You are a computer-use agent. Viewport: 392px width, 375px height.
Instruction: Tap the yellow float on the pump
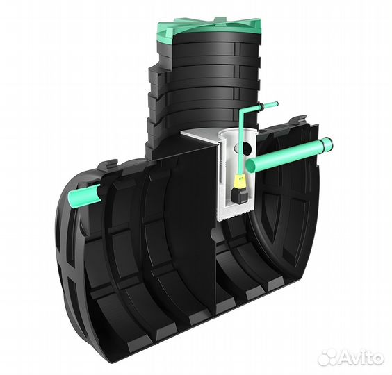[238, 182]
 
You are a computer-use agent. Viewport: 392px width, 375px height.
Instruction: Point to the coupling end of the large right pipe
[327, 144]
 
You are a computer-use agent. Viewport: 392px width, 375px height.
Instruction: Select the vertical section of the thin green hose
[241, 142]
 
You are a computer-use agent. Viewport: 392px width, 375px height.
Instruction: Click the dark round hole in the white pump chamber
[247, 148]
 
